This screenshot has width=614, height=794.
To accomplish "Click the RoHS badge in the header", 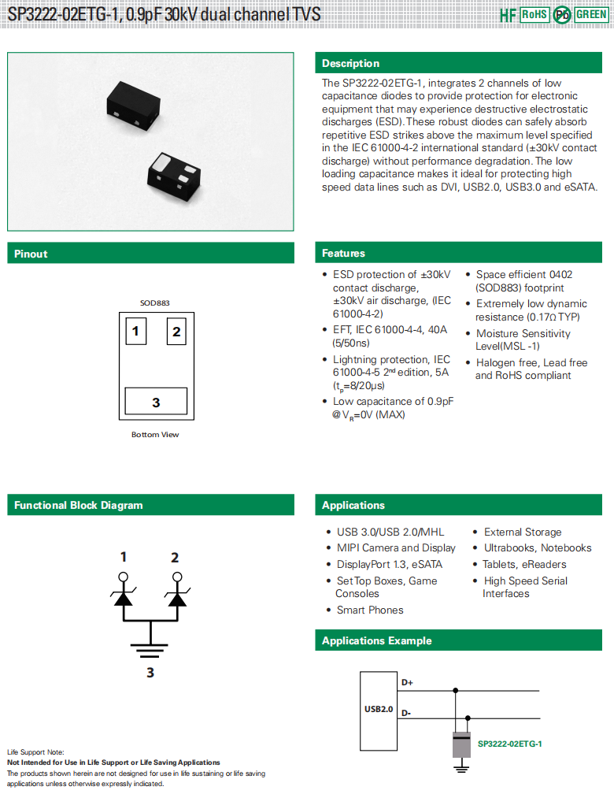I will (534, 15).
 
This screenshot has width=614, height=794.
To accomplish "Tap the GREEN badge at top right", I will (591, 15).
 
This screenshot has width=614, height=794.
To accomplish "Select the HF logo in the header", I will (509, 15).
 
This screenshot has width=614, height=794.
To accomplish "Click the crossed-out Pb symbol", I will (562, 15).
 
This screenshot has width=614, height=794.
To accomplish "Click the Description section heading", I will (350, 63).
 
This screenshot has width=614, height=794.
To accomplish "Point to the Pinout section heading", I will (31, 254).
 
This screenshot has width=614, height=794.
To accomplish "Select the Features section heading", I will (343, 253).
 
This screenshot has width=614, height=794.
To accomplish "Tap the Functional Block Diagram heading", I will (79, 505).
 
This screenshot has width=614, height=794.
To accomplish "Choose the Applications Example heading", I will (376, 640).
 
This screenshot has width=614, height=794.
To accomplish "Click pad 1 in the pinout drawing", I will (135, 332).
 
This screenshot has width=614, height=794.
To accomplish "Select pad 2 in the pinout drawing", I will (176, 332).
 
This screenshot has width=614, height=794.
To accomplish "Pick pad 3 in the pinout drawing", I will (156, 402).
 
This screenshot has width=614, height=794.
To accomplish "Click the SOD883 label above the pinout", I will (155, 303).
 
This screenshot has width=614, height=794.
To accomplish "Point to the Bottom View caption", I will (156, 435).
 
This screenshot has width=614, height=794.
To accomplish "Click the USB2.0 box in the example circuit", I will (379, 708).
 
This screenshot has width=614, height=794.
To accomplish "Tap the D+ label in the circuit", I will (407, 682).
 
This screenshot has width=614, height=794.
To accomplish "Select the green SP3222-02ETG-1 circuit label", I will (510, 744).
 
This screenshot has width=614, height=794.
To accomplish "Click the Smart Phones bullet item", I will (370, 610).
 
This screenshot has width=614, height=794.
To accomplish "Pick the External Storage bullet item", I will (523, 532).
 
